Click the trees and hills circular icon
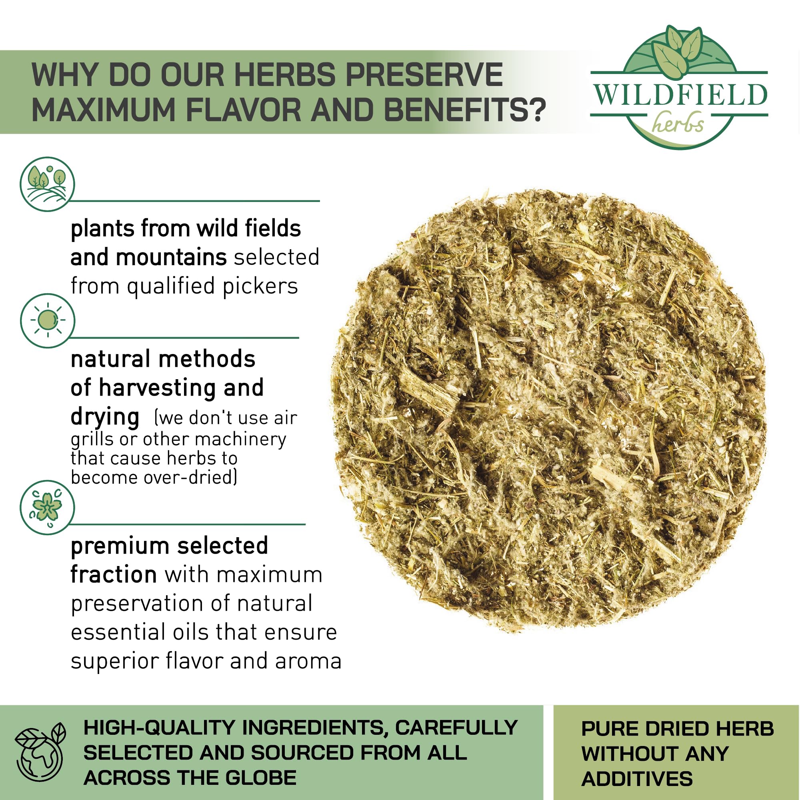click(x=47, y=184)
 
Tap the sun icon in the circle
click(x=47, y=320)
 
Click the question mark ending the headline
click(x=538, y=110)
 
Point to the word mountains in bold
click(x=171, y=257)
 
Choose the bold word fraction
click(x=114, y=574)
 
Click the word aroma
click(x=308, y=661)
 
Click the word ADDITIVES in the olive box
click(x=636, y=779)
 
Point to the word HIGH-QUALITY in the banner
click(x=159, y=728)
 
